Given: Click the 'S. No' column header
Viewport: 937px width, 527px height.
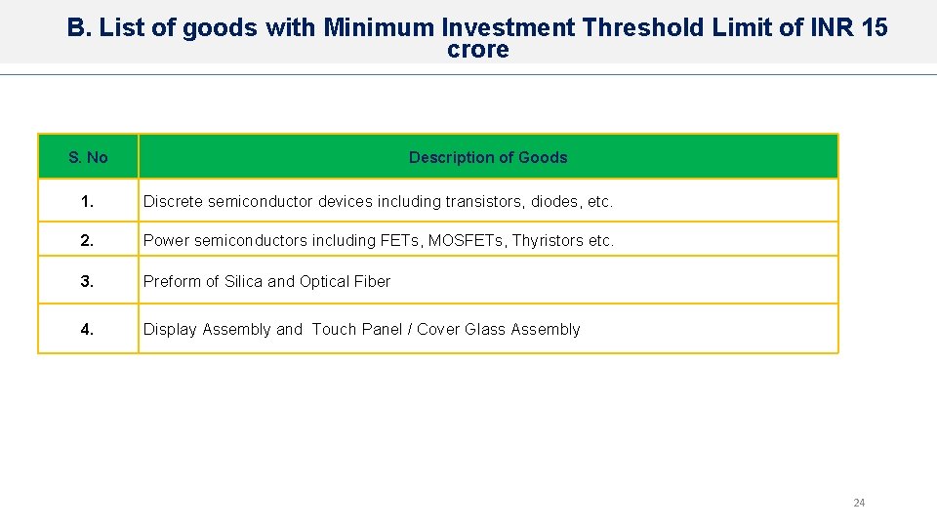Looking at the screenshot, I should coord(88,157).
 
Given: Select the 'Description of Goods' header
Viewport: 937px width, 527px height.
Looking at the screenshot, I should coord(487,157).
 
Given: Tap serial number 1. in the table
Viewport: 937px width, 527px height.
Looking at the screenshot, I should coord(88,202).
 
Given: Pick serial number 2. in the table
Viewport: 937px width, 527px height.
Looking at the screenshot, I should coord(88,240).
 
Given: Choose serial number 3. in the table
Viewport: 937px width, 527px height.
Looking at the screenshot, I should coord(88,282).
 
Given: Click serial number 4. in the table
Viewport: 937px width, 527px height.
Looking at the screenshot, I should coord(88,330).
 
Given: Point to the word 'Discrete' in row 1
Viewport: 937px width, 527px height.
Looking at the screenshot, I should coord(173,202).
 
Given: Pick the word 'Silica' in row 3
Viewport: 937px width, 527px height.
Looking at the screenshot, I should coord(243,282).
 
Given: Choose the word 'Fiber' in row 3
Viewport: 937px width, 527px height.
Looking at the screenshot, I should coord(372,282).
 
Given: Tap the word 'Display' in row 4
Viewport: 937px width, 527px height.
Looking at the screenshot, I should coord(170,330).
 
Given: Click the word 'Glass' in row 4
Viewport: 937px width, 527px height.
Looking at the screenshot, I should coord(485,330).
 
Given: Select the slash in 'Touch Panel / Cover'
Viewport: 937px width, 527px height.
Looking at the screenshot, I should coord(411,330).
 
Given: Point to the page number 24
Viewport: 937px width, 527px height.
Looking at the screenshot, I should coord(859,503).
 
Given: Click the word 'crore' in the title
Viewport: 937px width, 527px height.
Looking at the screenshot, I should coord(478,50).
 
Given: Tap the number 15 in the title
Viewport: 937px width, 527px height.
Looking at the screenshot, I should coord(875,27).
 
